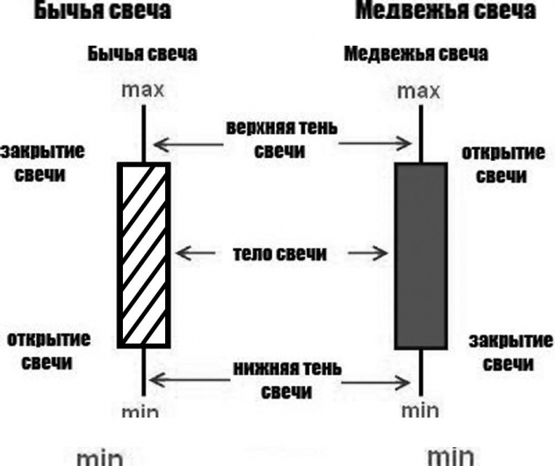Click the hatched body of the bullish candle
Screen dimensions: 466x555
pyautogui.click(x=144, y=254)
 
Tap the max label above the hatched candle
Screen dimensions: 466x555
pyautogui.click(x=143, y=90)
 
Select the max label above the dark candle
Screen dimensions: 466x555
pyautogui.click(x=419, y=91)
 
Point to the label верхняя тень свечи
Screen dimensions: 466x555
pyautogui.click(x=281, y=139)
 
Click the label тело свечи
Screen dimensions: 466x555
pyautogui.click(x=280, y=254)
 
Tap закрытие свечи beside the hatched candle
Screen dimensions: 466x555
pyautogui.click(x=33, y=162)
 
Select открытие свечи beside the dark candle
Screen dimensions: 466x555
pyautogui.click(x=502, y=164)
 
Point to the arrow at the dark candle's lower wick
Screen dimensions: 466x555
pyautogui.click(x=377, y=382)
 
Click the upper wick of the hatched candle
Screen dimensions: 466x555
pyautogui.click(x=144, y=134)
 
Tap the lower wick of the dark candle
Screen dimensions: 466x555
pyautogui.click(x=421, y=373)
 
